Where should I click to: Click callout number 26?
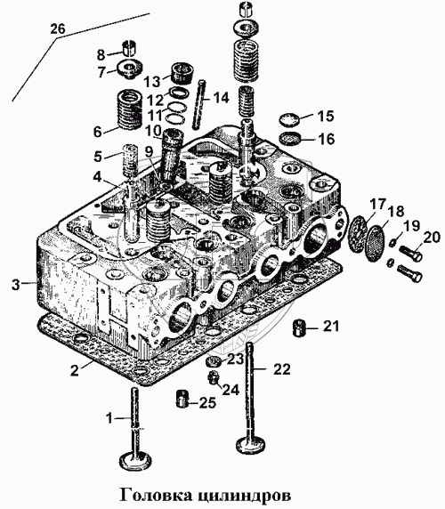pos(58,29)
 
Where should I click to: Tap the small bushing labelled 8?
pos(130,48)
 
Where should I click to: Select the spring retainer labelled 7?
pos(131,69)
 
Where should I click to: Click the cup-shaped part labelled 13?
pos(182,73)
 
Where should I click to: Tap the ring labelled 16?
pos(289,138)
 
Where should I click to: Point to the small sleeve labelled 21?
pos(299,328)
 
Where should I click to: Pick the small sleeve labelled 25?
pos(183,399)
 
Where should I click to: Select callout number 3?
pos(17,285)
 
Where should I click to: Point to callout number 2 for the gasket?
pos(75,370)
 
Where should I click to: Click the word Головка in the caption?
pos(155,495)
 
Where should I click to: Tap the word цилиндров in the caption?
pos(245,496)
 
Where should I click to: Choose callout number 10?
pos(153,131)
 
